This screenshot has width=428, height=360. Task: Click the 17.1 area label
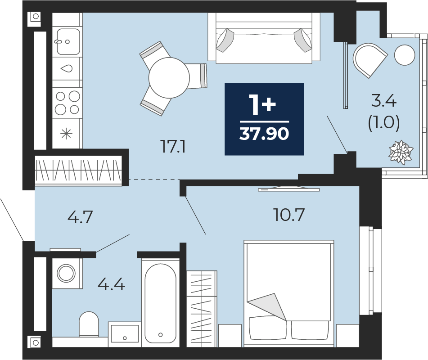174,147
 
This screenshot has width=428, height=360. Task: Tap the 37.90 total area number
264,134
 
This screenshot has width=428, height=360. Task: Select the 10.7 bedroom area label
289,215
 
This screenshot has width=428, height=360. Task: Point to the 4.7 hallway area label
80,217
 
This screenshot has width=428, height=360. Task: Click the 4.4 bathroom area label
111,285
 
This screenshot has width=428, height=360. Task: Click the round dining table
169,78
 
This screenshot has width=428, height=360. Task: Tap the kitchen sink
68,42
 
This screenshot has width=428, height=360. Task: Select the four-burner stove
68,103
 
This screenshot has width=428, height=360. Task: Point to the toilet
89,324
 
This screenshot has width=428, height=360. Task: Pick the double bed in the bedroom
289,293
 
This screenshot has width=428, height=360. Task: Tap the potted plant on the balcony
401,152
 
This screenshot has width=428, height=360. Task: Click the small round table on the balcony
405,55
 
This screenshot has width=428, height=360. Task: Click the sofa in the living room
264,38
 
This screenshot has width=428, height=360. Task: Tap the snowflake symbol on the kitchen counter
66,134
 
